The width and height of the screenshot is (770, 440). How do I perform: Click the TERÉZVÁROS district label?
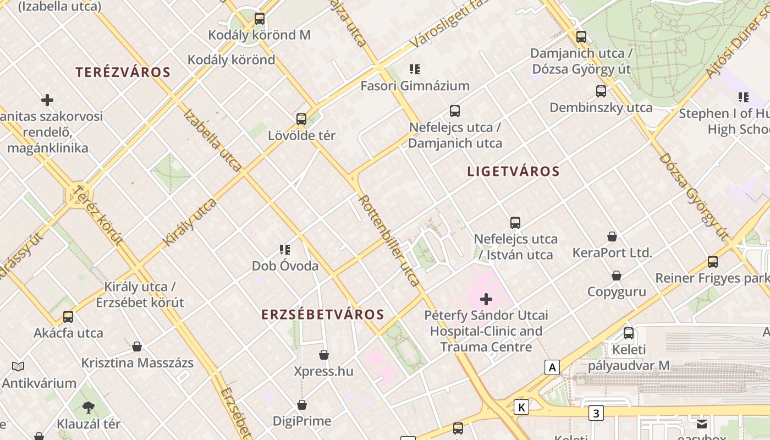coord(123,72)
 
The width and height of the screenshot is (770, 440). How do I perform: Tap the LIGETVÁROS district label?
coord(513,171)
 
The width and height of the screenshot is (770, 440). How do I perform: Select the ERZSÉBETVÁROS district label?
coord(322,315)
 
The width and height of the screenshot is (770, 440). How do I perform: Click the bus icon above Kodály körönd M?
coord(260,19)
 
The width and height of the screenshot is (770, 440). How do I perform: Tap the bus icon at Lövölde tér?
coord(301,119)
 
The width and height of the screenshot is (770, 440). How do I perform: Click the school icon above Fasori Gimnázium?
coord(415,69)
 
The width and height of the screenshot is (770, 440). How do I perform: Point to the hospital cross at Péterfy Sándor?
coord(486,299)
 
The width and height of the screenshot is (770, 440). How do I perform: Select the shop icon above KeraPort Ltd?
coord(612,237)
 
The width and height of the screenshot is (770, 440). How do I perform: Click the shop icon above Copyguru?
coord(617,276)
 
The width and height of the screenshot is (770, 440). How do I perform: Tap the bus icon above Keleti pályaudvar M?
coord(629,333)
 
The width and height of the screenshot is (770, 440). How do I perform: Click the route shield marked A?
coord(552,367)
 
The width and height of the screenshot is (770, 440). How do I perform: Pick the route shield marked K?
coord(521,407)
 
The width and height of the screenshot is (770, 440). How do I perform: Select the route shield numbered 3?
coord(596,413)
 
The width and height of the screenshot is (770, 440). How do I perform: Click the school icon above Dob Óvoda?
coord(285,250)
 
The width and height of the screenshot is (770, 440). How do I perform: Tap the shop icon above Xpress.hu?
coord(324,355)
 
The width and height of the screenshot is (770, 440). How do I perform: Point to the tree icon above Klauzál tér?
coord(88,408)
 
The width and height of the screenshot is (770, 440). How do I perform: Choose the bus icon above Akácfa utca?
coord(68,317)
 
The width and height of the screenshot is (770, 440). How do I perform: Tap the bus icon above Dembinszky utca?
coord(601,91)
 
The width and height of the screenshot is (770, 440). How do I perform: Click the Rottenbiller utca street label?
coord(389,240)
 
